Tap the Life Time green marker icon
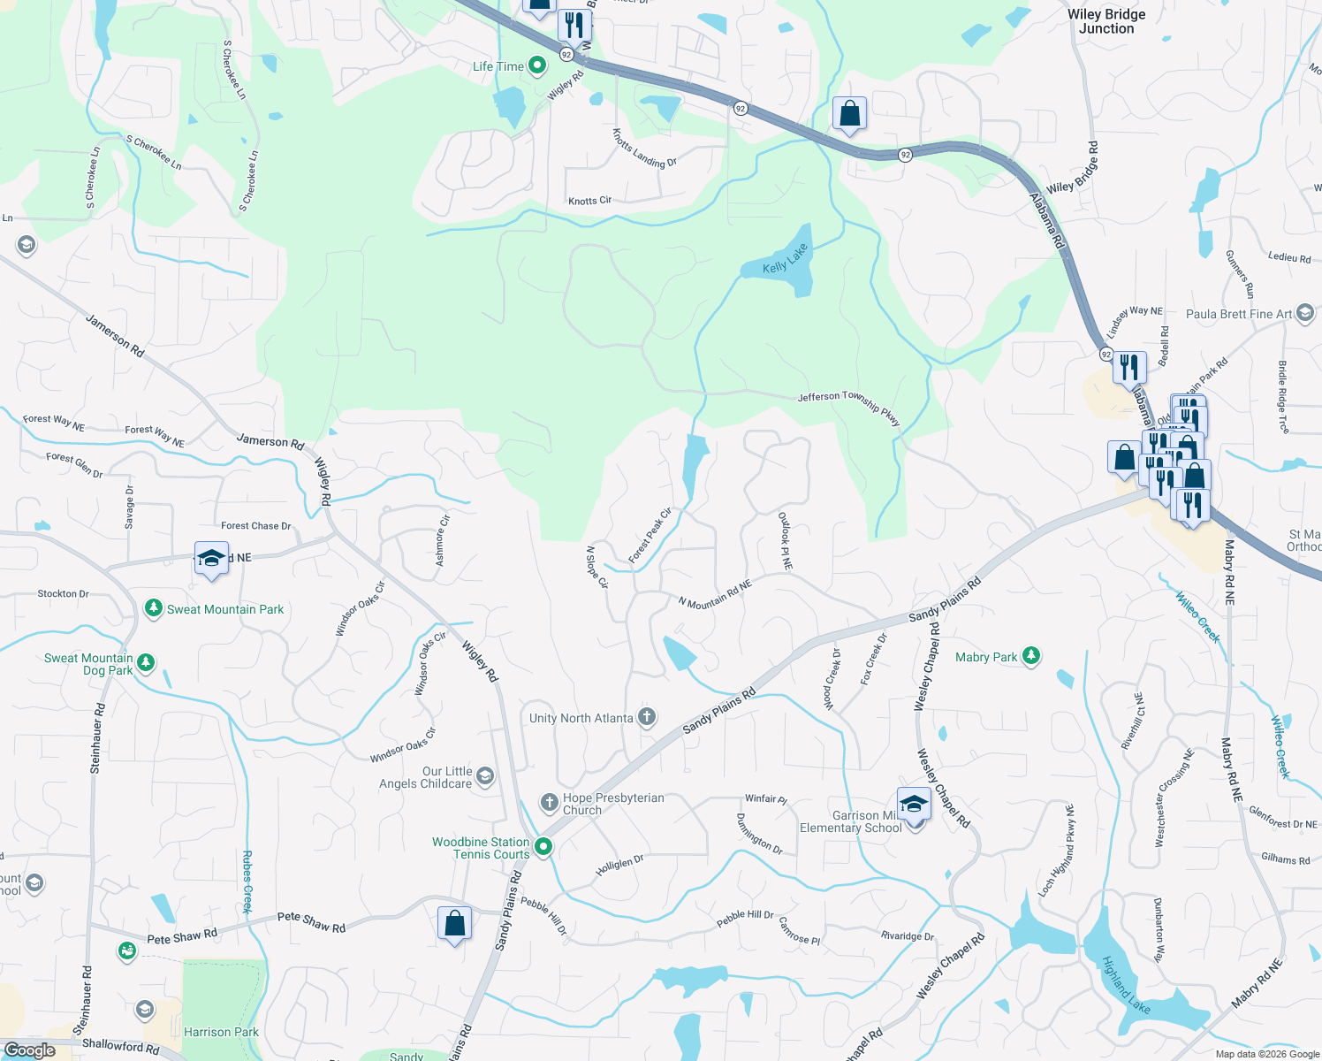click(x=536, y=66)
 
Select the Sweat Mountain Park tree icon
click(x=154, y=608)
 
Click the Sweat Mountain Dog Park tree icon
click(x=146, y=662)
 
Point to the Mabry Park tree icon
click(x=1030, y=656)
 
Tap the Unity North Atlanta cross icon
click(x=647, y=717)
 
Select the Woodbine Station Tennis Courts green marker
click(x=543, y=848)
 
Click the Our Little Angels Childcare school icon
click(x=484, y=777)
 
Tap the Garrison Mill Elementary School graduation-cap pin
click(x=914, y=805)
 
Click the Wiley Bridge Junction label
click(x=1106, y=21)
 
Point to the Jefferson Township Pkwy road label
click(x=848, y=408)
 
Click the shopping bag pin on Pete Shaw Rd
click(x=454, y=924)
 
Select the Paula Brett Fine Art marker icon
click(x=1305, y=314)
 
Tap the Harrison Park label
click(x=221, y=1032)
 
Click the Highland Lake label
click(x=1126, y=984)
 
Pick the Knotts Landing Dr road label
click(x=644, y=148)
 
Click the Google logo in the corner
click(x=29, y=1050)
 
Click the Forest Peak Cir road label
click(x=650, y=535)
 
